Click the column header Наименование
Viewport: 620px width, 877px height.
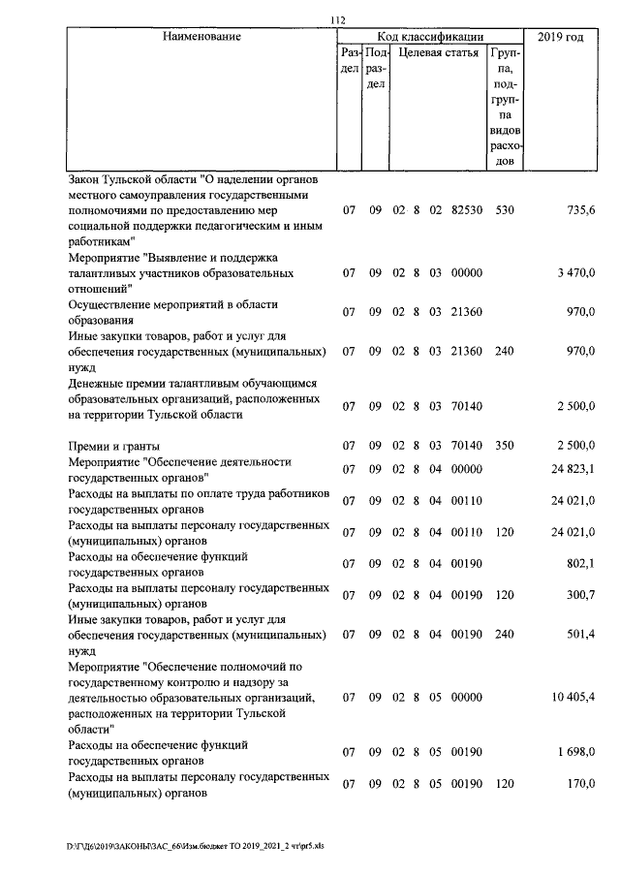201,37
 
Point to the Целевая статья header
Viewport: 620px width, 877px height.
439,53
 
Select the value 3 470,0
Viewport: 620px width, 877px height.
574,274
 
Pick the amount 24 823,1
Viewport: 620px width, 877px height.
571,470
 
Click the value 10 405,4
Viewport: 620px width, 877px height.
571,697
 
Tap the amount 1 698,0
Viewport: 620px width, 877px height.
574,752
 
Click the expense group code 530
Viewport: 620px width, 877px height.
503,209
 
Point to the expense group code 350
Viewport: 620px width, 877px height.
503,446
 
